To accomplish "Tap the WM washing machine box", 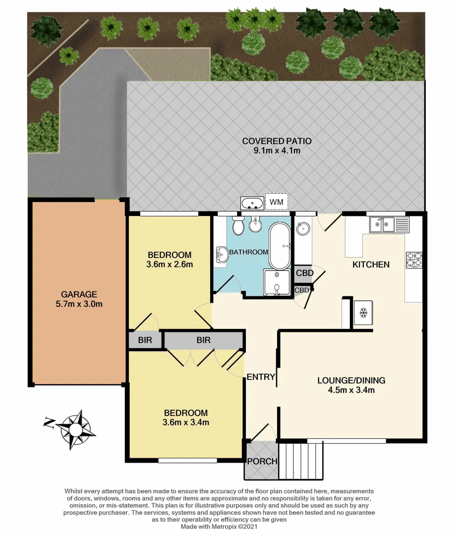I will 276,202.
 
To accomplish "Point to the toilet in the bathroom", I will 238,226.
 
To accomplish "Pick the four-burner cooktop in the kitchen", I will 414,260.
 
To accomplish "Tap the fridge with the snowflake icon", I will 363,313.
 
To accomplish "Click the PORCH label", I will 262,461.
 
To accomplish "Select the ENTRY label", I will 261,377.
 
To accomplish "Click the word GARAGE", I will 79,294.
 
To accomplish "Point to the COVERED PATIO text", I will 277,141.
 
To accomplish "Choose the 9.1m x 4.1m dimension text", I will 277,151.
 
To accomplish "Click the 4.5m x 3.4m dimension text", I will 351,390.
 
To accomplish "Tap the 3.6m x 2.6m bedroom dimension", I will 170,265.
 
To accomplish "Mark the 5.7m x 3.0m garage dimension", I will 79,304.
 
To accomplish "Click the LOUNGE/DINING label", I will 351,380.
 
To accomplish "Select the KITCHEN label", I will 371,265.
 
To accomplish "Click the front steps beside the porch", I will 301,461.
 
